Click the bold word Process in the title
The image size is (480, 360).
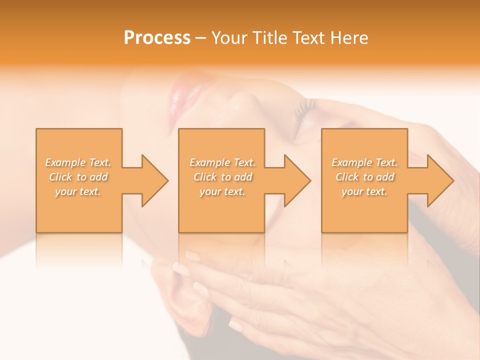[157, 38]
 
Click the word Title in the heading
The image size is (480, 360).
[269, 38]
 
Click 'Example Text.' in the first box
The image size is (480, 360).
[78, 162]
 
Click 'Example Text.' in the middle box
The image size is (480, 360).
[222, 162]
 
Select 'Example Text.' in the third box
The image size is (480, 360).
[364, 162]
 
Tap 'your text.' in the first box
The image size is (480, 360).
[78, 191]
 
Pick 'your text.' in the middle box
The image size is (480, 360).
[222, 191]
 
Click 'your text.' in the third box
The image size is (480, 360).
[364, 191]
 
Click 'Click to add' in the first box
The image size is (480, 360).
[78, 177]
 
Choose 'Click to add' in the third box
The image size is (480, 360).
[364, 177]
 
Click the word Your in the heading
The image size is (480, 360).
[229, 38]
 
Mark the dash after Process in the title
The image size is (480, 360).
[201, 38]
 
